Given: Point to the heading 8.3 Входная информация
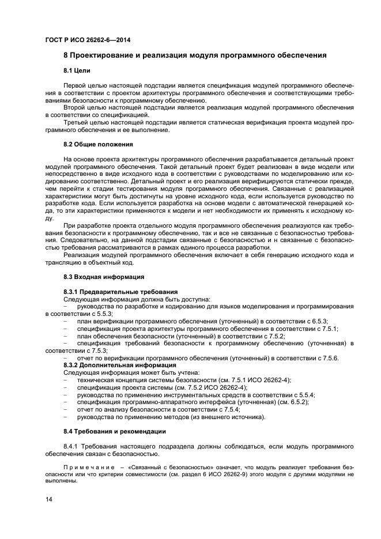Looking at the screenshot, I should click(96, 277).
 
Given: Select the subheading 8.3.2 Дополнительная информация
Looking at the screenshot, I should click(118, 365).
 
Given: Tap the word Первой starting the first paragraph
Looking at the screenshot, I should click(76, 85).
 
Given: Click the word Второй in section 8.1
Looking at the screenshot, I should click(76, 107).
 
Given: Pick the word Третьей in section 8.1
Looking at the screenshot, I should click(78, 122).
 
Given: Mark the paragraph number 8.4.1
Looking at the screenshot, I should click(71, 446).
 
